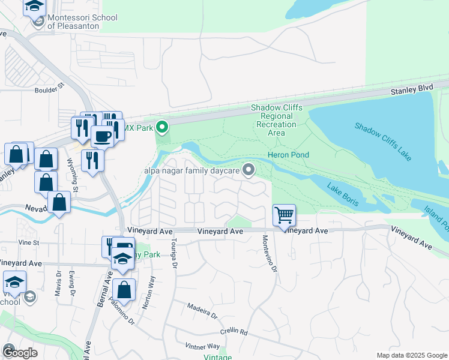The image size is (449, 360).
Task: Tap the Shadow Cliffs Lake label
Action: point(383,142)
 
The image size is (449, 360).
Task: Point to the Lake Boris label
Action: point(343,194)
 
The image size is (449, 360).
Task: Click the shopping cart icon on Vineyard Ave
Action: point(283,214)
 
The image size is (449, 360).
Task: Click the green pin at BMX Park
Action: point(161,127)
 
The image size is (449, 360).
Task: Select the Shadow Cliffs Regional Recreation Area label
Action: point(276,120)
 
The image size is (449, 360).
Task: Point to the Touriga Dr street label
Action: point(175,252)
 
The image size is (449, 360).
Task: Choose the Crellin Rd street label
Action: point(234,331)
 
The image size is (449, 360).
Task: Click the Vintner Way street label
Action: point(203,346)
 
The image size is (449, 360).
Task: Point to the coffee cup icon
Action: point(102,137)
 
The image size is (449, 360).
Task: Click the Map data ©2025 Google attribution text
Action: point(411,355)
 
